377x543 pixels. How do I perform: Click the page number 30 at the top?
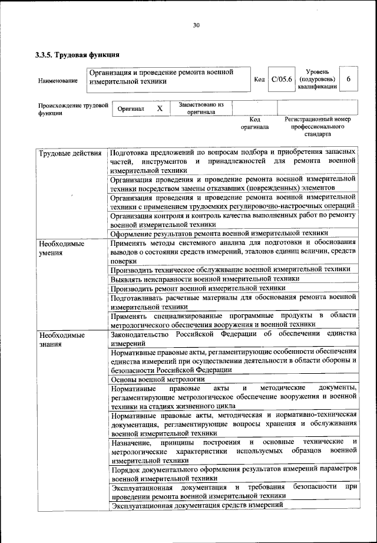pyautogui.click(x=196, y=25)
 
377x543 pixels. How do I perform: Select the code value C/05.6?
pyautogui.click(x=281, y=80)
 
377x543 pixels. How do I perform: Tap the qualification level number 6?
pyautogui.click(x=349, y=79)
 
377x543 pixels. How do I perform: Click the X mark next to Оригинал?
pyautogui.click(x=159, y=109)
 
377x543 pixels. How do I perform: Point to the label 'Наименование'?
pyautogui.click(x=57, y=80)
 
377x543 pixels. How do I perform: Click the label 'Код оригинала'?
pyautogui.click(x=254, y=123)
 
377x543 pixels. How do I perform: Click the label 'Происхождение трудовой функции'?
pyautogui.click(x=72, y=110)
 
